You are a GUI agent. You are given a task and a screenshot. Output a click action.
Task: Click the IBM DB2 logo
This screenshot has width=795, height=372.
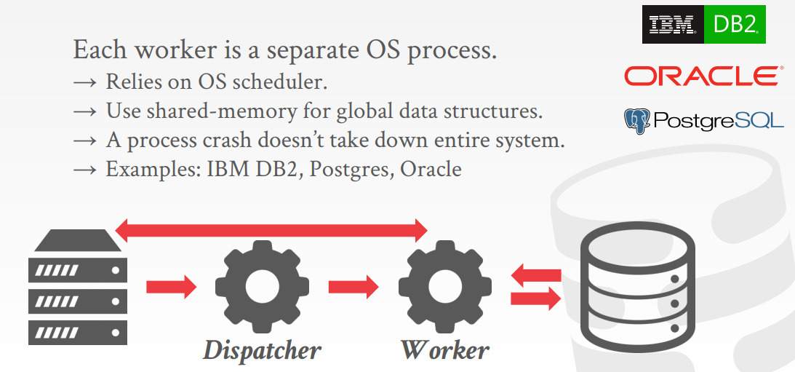pyautogui.click(x=703, y=25)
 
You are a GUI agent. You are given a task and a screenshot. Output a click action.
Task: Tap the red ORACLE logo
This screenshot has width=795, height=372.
pyautogui.click(x=703, y=76)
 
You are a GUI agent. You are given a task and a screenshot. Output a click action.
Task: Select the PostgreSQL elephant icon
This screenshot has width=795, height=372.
pyautogui.click(x=637, y=121)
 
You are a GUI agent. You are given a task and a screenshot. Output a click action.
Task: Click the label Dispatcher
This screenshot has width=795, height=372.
pyautogui.click(x=262, y=350)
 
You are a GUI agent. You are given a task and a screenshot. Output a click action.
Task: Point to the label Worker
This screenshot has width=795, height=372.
pyautogui.click(x=444, y=350)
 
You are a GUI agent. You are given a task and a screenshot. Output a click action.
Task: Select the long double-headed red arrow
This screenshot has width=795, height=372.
pyautogui.click(x=272, y=231)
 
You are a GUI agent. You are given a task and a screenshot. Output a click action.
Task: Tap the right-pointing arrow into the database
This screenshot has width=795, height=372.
pyautogui.click(x=536, y=298)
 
